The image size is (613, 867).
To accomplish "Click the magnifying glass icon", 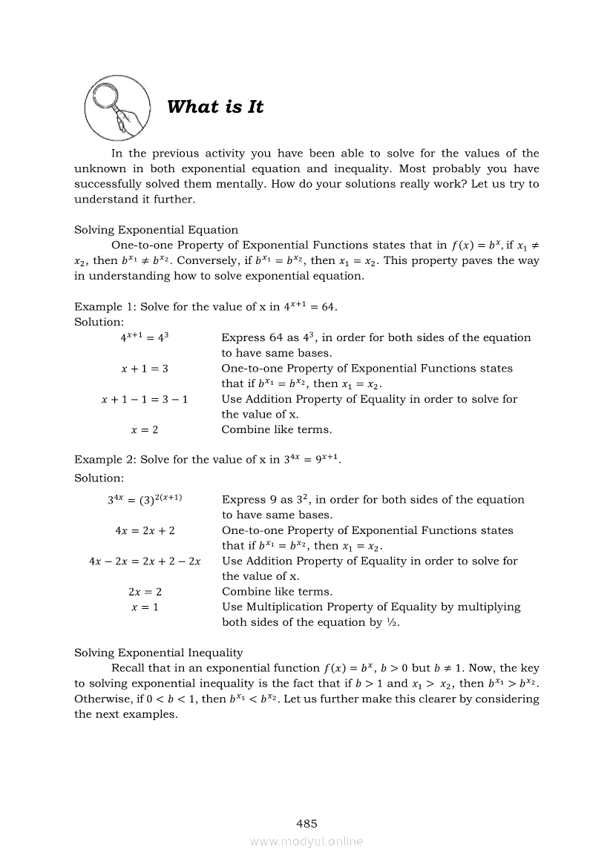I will [x=117, y=108].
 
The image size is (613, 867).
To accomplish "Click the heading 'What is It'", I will [x=215, y=107].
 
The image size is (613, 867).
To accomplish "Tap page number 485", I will [x=306, y=823].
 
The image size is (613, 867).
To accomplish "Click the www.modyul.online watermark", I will [x=306, y=842].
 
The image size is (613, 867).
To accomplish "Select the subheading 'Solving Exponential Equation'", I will [x=156, y=230].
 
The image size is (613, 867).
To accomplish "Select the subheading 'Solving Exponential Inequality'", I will [x=158, y=653].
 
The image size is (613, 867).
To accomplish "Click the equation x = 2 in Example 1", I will [x=145, y=429].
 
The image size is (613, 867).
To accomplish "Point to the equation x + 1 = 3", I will [x=145, y=369].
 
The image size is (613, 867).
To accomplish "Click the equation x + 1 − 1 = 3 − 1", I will [x=145, y=399].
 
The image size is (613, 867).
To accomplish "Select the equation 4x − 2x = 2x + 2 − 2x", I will [x=145, y=561].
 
